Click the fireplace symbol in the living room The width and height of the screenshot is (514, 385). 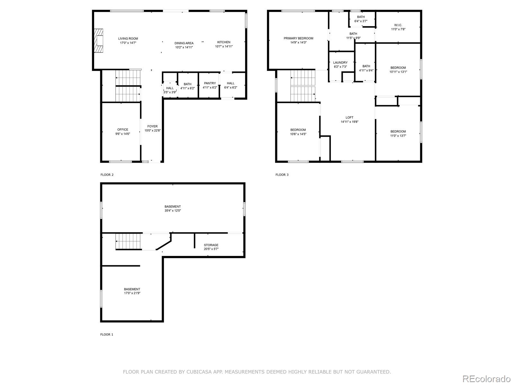tap(99, 41)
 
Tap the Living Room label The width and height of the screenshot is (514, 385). tap(128, 38)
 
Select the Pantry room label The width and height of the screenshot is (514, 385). tap(210, 83)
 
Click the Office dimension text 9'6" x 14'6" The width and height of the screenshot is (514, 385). tap(123, 134)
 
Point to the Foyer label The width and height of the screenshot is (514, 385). tap(152, 126)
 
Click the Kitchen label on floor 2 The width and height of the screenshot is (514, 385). tap(224, 42)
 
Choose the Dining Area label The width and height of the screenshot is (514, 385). tap(184, 43)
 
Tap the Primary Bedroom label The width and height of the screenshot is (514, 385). tap(298, 38)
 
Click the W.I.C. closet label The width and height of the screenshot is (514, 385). tap(398, 25)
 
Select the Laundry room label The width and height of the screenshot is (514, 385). tap(340, 63)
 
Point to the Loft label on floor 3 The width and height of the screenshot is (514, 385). tap(350, 118)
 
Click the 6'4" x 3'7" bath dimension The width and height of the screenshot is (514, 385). tap(361, 21)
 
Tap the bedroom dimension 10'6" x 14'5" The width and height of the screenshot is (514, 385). tap(298, 134)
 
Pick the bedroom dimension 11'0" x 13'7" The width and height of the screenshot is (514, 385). tap(398, 136)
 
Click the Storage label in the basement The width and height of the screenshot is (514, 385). tap(211, 245)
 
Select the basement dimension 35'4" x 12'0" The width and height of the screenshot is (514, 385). tap(173, 211)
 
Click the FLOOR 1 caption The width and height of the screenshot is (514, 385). tap(107, 334)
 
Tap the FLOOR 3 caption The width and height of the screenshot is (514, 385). tap(282, 175)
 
